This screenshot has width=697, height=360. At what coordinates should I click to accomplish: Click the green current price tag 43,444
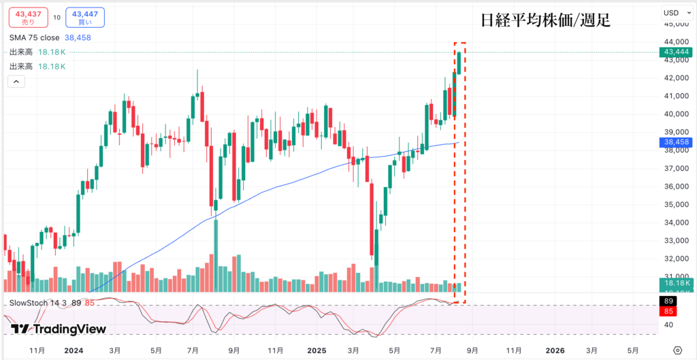point(677,52)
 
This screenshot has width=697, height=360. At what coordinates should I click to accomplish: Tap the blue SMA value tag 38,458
point(677,142)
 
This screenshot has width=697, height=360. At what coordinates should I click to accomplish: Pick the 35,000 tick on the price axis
point(677,204)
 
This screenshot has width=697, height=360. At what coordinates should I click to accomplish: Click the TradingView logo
point(59,329)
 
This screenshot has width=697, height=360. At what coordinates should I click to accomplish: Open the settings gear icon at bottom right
point(677,350)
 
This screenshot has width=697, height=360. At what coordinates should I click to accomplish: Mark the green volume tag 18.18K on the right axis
point(677,283)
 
